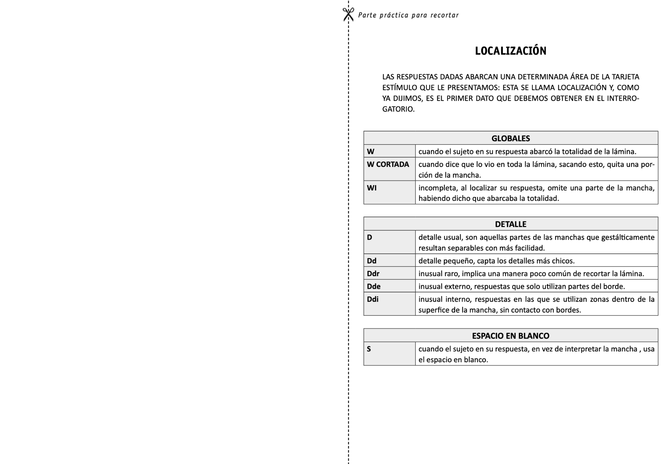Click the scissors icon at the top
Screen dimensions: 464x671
[x=348, y=15]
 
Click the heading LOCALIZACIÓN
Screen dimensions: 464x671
[x=510, y=51]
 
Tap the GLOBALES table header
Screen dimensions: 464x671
[x=510, y=138]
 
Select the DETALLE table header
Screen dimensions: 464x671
[x=510, y=224]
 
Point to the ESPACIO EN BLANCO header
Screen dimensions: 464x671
[x=510, y=336]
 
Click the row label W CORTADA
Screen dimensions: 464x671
[x=388, y=164]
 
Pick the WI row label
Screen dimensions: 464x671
[x=372, y=188]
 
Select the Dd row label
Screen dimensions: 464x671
[x=372, y=261]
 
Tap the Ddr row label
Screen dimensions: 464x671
[x=373, y=274]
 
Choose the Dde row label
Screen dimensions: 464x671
[x=374, y=286]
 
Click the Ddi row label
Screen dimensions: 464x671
[x=372, y=299]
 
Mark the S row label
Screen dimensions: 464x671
[x=369, y=349]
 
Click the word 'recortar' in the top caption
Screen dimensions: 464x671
[x=445, y=15]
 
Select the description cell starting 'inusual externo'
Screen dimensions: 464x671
[x=522, y=286]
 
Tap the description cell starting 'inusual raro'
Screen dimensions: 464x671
[x=531, y=274]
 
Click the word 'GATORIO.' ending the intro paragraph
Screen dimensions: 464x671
[x=398, y=109]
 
